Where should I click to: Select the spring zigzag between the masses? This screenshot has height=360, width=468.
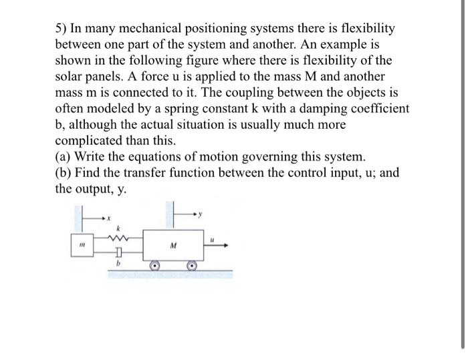click(x=119, y=237)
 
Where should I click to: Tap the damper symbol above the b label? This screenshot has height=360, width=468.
click(x=119, y=254)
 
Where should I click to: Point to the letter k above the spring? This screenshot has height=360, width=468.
click(x=119, y=227)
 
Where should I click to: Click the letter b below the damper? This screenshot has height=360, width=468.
click(x=119, y=265)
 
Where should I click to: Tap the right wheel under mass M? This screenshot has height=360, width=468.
click(x=193, y=265)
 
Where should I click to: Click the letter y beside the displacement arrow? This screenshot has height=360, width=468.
click(x=200, y=214)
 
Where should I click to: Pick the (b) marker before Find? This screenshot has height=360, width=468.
click(x=63, y=173)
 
